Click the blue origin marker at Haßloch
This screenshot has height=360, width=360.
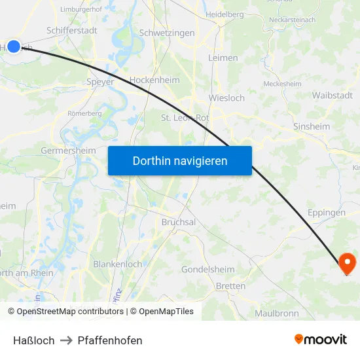coord(14,46)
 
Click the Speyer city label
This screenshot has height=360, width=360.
coord(100,82)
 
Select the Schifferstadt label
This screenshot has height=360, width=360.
coord(73,30)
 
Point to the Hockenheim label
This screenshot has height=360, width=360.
coord(154,80)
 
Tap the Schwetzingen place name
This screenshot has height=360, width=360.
coord(167,33)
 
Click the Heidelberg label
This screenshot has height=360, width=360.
coord(225,14)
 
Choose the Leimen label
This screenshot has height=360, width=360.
coord(223,58)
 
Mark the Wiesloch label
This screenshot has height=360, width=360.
coord(226,98)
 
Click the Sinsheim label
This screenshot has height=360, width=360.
coord(312,126)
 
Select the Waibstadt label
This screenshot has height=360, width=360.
coord(332,96)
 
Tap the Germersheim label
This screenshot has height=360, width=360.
coord(68,151)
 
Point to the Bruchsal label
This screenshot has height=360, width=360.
coord(179,222)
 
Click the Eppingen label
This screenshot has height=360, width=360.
coord(327,213)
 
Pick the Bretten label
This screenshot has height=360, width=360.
coord(230,286)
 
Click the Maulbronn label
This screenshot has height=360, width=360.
coord(277,314)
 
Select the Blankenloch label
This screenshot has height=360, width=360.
coord(118,264)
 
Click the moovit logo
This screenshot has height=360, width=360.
coord(321,339)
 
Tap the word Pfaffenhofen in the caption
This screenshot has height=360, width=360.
coord(110,340)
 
